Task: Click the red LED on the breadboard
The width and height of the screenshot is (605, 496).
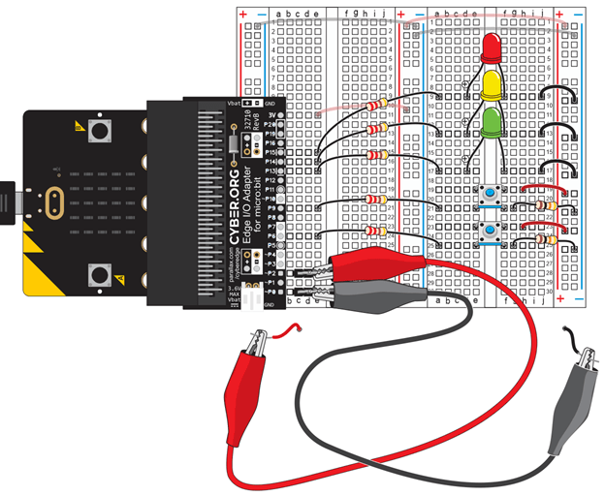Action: coord(491,46)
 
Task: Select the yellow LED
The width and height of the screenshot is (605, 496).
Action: coord(492,84)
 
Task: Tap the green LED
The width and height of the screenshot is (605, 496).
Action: coord(492,121)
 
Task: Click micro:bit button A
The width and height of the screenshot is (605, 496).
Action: coord(97,129)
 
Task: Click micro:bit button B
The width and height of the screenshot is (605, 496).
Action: coord(97,276)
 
